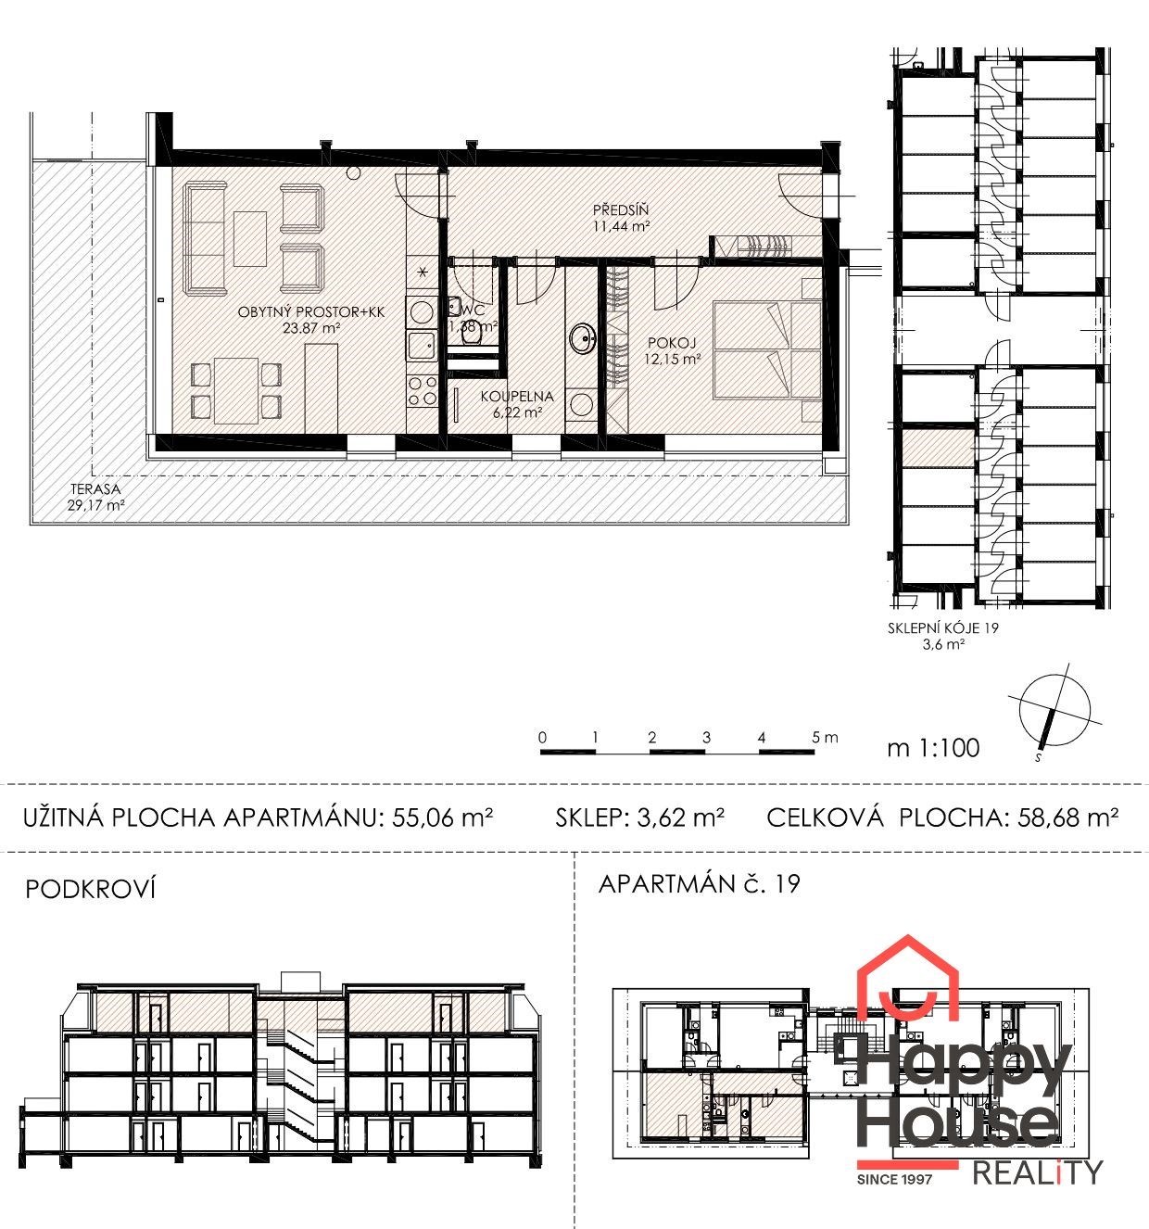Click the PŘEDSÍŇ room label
(621, 209)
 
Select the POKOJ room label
(672, 342)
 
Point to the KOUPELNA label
(517, 396)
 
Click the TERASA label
(95, 489)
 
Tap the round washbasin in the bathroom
(582, 338)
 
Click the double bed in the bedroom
(767, 349)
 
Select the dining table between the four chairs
(236, 390)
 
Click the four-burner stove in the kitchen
(422, 391)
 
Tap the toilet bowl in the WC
(472, 337)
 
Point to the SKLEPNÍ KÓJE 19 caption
(943, 628)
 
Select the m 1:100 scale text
(933, 748)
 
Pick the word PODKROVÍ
(90, 889)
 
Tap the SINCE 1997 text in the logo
(895, 1179)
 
